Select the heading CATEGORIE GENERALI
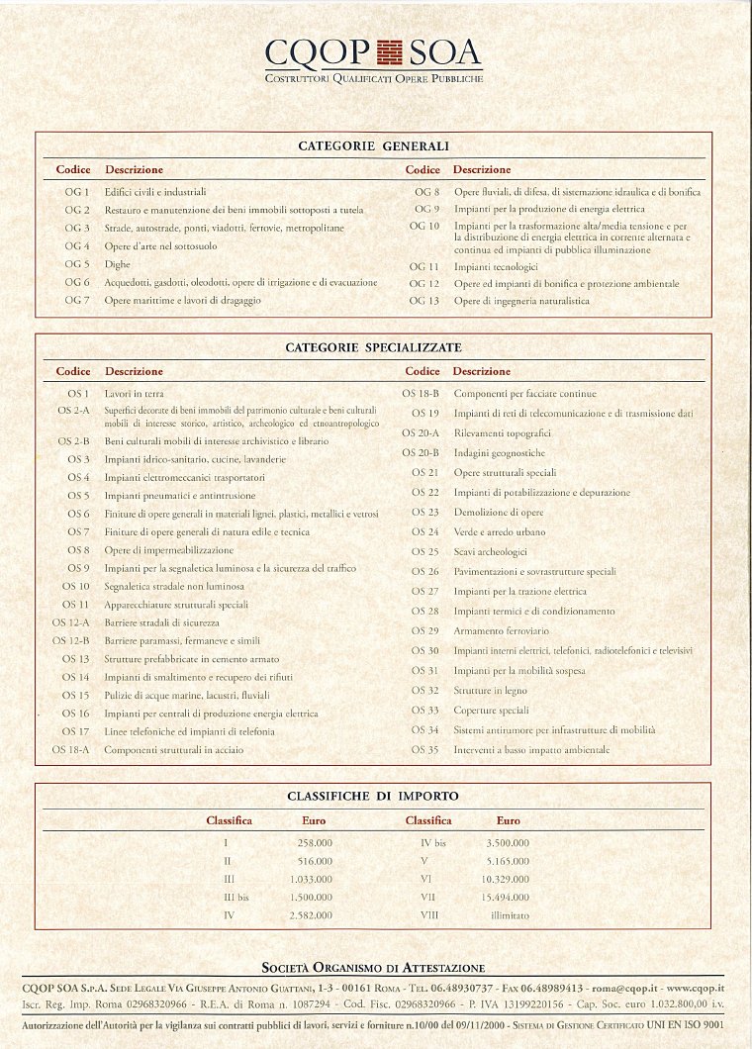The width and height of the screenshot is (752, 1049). [x=374, y=146]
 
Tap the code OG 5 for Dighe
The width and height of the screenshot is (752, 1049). [x=77, y=264]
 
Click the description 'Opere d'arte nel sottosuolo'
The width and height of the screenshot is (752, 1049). [x=160, y=246]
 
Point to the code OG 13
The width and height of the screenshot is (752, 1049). [x=423, y=301]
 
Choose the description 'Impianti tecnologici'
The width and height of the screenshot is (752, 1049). [x=496, y=267]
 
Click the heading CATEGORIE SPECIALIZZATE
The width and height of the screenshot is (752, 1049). [x=374, y=348]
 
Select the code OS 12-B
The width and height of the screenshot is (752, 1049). [x=71, y=641]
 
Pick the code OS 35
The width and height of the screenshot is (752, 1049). [x=424, y=750]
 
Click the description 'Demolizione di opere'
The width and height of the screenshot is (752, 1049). [x=499, y=513]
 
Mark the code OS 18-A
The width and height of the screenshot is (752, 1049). [x=71, y=750]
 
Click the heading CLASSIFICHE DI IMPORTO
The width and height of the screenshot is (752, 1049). [x=373, y=797]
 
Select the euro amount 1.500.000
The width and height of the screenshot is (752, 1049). [x=312, y=898]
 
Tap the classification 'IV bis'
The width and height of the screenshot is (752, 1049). [x=432, y=843]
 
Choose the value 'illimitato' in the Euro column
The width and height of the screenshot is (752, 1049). [x=510, y=916]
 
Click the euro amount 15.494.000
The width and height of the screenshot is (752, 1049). [x=506, y=898]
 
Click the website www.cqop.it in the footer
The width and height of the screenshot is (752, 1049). [x=696, y=988]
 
